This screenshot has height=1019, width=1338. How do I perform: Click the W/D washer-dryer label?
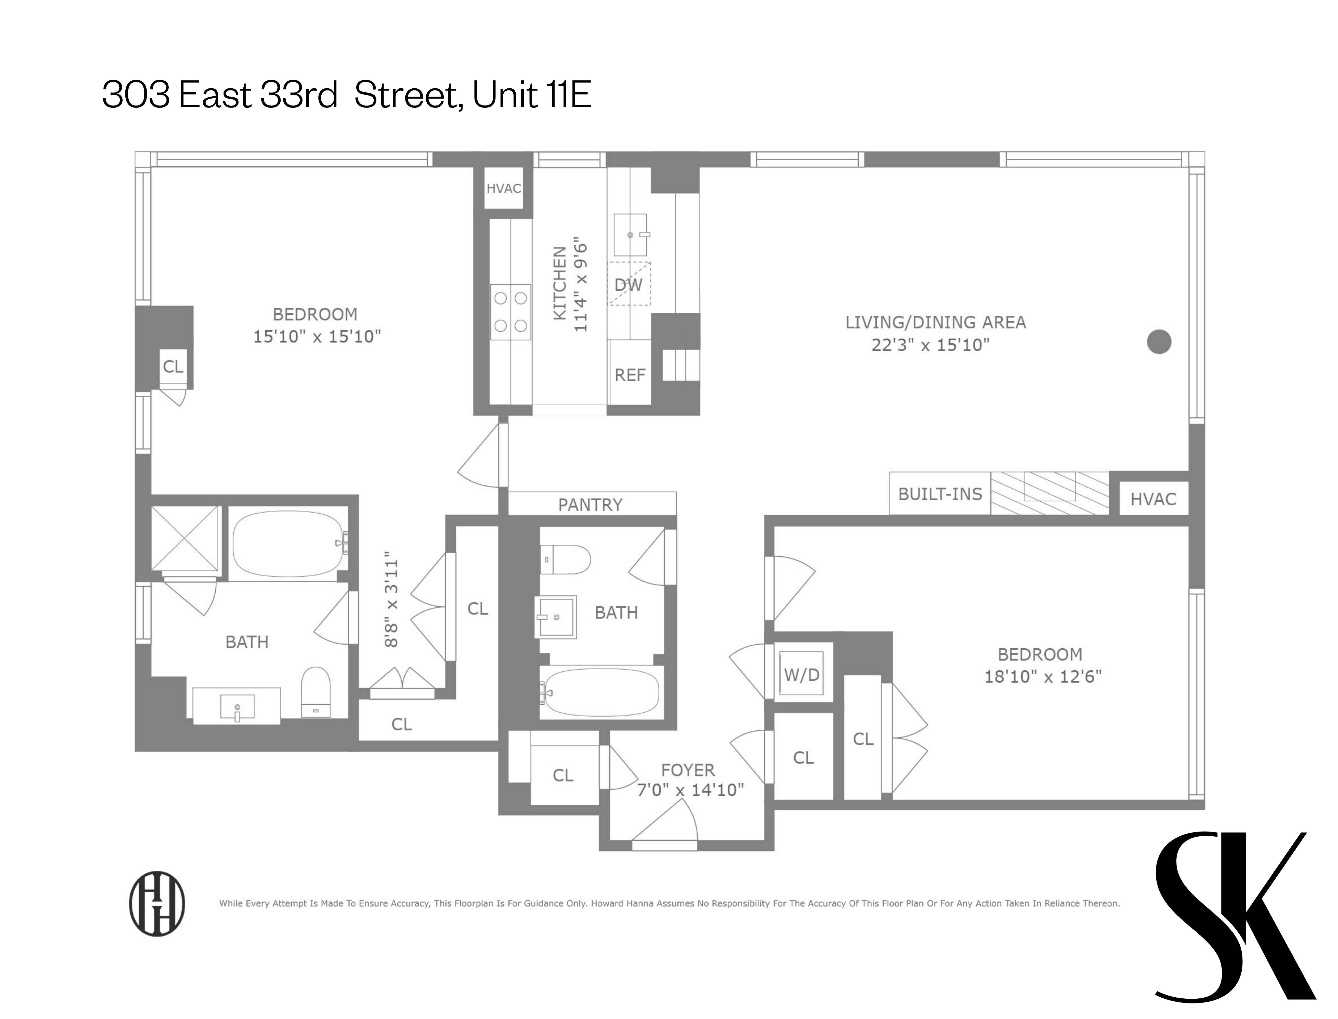802,675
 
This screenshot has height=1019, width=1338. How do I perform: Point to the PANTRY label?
591,505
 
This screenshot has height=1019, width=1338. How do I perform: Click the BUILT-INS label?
940,494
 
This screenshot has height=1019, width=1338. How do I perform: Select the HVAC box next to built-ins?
1153,499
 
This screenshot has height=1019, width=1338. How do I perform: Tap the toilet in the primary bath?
316,693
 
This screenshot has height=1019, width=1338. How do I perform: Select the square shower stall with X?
185,538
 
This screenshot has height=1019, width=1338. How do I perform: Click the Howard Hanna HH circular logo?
157,904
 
